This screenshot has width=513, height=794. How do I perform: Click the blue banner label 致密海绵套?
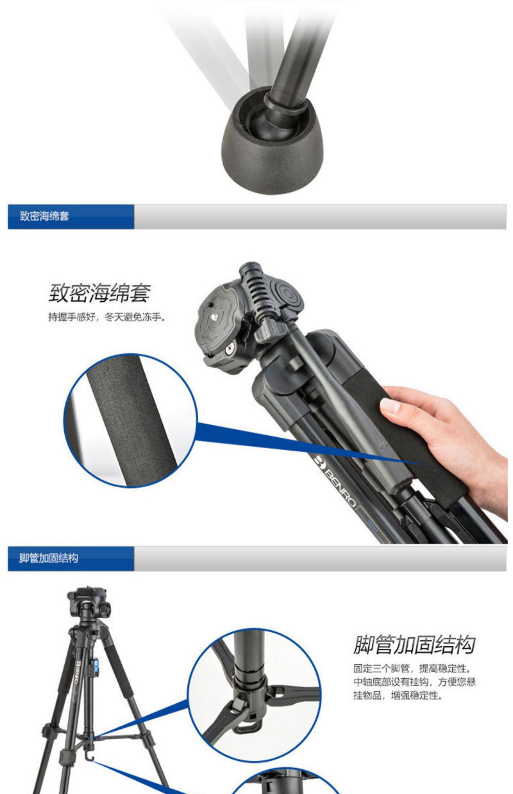tap(44, 216)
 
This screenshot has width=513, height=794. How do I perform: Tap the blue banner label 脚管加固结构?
tap(49, 558)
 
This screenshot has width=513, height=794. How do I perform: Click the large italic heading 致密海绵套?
tap(100, 293)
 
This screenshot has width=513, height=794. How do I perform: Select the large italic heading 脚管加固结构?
tap(414, 644)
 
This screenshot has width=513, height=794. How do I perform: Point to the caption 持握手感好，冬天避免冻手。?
tap(107, 318)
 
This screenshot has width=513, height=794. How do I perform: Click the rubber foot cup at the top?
tap(272, 140)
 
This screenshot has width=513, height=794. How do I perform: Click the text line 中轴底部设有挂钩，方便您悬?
tap(414, 681)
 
